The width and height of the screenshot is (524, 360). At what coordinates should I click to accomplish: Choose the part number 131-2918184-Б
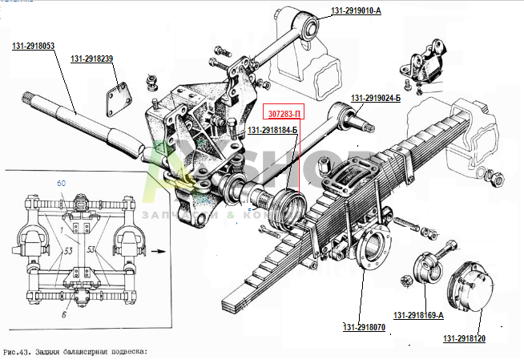[x=272, y=130]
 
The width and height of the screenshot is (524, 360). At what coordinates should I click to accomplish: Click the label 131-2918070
[x=365, y=327]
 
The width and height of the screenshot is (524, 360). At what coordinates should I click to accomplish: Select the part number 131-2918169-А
[x=418, y=315]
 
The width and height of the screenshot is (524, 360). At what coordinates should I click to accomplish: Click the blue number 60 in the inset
[x=61, y=184]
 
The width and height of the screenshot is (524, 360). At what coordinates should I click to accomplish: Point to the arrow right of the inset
[x=162, y=250]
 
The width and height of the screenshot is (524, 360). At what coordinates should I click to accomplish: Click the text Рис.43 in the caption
[x=18, y=352]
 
